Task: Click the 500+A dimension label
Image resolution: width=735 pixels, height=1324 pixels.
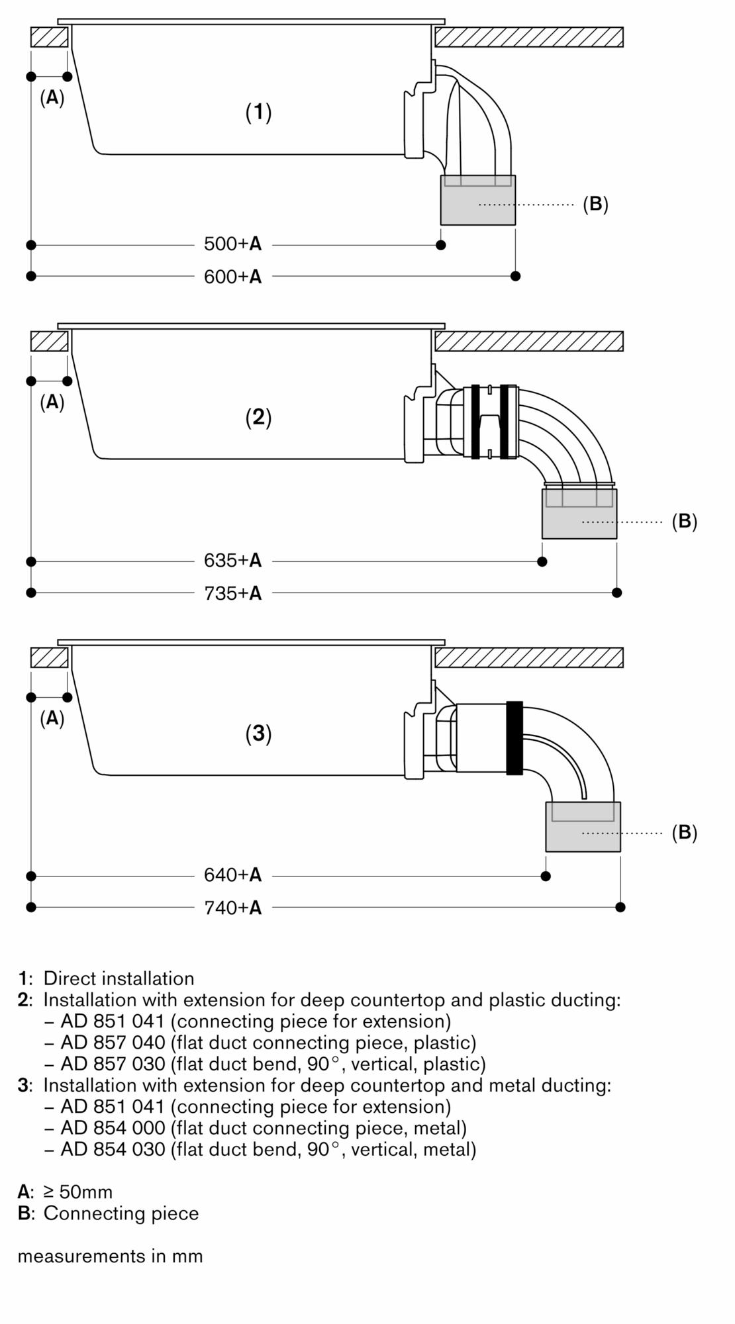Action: [232, 244]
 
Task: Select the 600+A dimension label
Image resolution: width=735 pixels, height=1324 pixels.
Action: [232, 277]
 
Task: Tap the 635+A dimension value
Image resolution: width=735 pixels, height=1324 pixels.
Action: [232, 561]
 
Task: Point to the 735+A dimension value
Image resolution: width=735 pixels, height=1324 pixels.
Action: [232, 593]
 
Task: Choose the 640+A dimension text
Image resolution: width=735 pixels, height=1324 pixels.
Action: [232, 875]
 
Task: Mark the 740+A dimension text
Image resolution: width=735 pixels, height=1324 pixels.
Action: [232, 908]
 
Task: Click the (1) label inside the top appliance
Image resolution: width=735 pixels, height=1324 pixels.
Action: [259, 113]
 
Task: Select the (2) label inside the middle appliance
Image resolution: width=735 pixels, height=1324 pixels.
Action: [259, 417]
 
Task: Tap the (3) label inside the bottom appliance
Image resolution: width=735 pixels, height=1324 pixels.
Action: [259, 733]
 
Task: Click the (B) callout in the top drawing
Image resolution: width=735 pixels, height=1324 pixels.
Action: [595, 204]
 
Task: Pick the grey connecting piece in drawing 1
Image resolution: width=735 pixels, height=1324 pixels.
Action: [478, 205]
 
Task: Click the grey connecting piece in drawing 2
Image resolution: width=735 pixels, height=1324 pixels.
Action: [579, 520]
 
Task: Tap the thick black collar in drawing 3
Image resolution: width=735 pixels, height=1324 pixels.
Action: [514, 738]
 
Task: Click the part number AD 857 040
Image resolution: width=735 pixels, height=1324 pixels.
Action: [113, 1043]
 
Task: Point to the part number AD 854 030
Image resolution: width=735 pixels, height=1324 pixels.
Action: [113, 1149]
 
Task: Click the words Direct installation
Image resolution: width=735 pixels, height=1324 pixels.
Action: [119, 978]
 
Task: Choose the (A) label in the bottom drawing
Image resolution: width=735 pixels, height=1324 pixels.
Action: [52, 718]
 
